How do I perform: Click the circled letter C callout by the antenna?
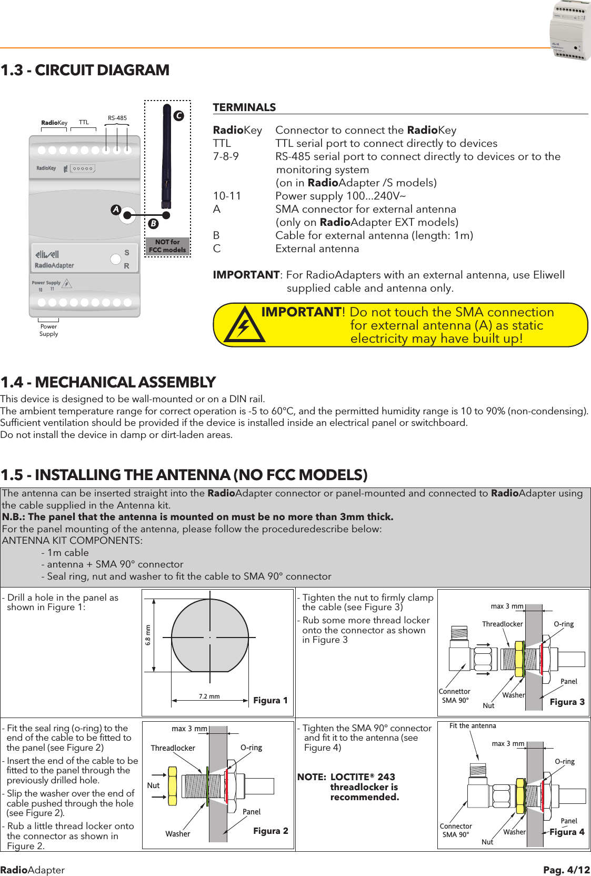coord(179,115)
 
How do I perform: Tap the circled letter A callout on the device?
coord(116,210)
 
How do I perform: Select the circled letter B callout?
coord(153,223)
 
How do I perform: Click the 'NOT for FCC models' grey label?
coord(167,246)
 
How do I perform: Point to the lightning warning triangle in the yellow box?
coord(244,326)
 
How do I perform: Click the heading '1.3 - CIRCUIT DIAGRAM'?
coord(85,70)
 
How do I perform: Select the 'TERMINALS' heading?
coord(244,107)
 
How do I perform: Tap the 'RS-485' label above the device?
coord(117,118)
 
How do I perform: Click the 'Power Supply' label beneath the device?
coord(48,330)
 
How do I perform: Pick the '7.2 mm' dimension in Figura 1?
coord(209,696)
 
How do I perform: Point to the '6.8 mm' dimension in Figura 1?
coord(148,635)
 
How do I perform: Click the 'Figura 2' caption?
coord(271,831)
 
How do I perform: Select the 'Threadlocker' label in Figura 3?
coord(502,624)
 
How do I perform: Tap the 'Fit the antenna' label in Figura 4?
coord(473,725)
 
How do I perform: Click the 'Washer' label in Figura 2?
coord(177,834)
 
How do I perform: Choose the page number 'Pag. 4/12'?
coord(566,870)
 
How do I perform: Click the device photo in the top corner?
coord(570,31)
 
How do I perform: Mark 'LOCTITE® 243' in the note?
coord(363,777)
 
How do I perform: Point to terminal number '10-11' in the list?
coord(227,196)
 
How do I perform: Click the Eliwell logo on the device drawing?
coord(47,254)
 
